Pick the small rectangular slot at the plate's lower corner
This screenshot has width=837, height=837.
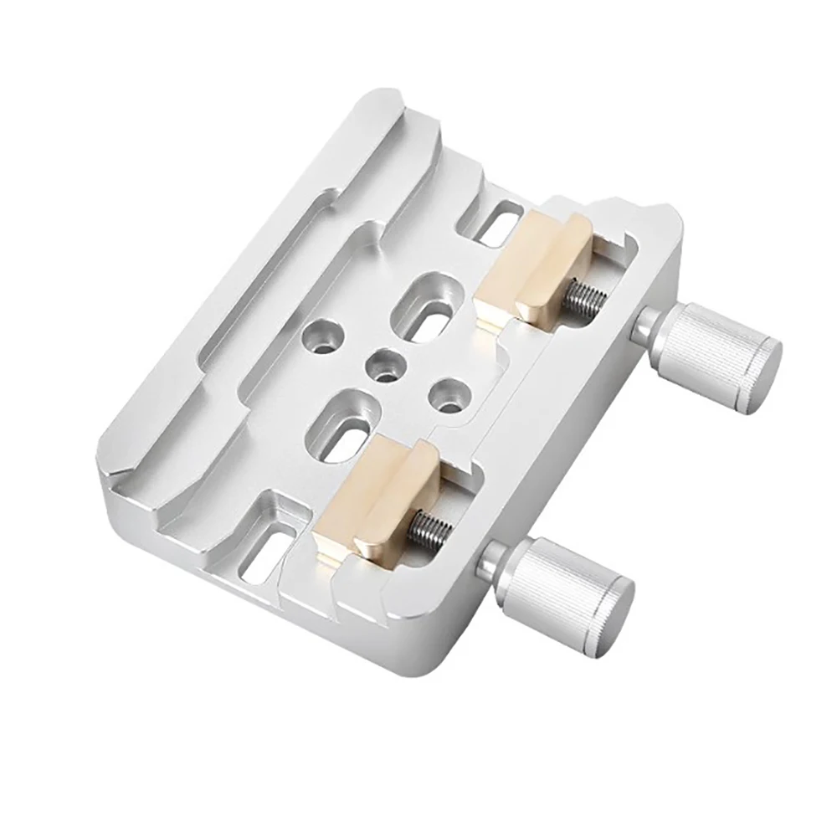tap(266, 548)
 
